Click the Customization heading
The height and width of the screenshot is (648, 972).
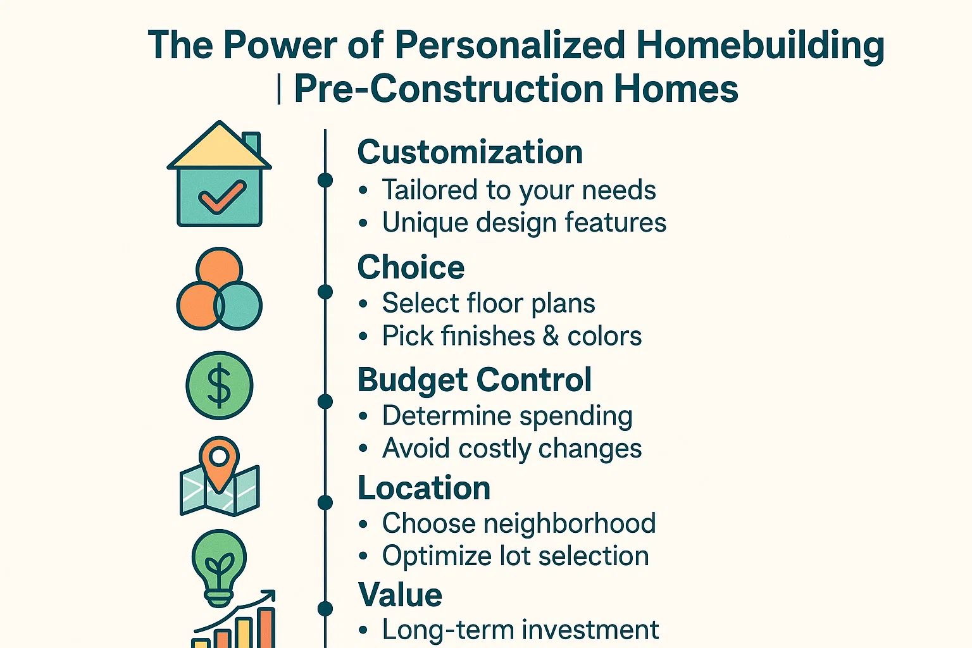pyautogui.click(x=470, y=153)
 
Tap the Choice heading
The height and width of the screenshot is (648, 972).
pyautogui.click(x=411, y=267)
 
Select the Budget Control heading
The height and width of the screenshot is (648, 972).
pyautogui.click(x=474, y=380)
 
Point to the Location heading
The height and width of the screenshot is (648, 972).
pyautogui.click(x=424, y=488)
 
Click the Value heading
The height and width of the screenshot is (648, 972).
pyautogui.click(x=400, y=595)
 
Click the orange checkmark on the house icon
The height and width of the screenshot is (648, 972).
pyautogui.click(x=221, y=197)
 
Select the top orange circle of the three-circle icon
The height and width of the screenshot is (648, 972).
pyautogui.click(x=219, y=266)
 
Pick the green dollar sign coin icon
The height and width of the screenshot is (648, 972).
pyautogui.click(x=219, y=385)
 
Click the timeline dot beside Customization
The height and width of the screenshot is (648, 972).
pyautogui.click(x=325, y=180)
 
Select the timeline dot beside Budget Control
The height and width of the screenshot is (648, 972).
pyautogui.click(x=325, y=401)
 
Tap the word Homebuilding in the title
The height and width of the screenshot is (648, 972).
pyautogui.click(x=759, y=46)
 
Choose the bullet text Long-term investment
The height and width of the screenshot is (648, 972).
pyautogui.click(x=520, y=630)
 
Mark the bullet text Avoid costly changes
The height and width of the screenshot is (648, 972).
pyautogui.click(x=512, y=449)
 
